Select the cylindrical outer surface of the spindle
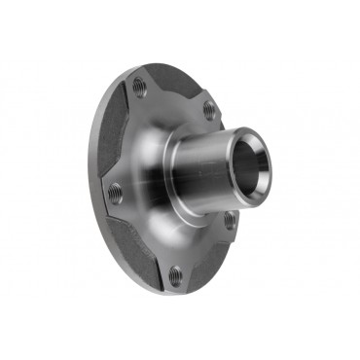coord(209,161)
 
